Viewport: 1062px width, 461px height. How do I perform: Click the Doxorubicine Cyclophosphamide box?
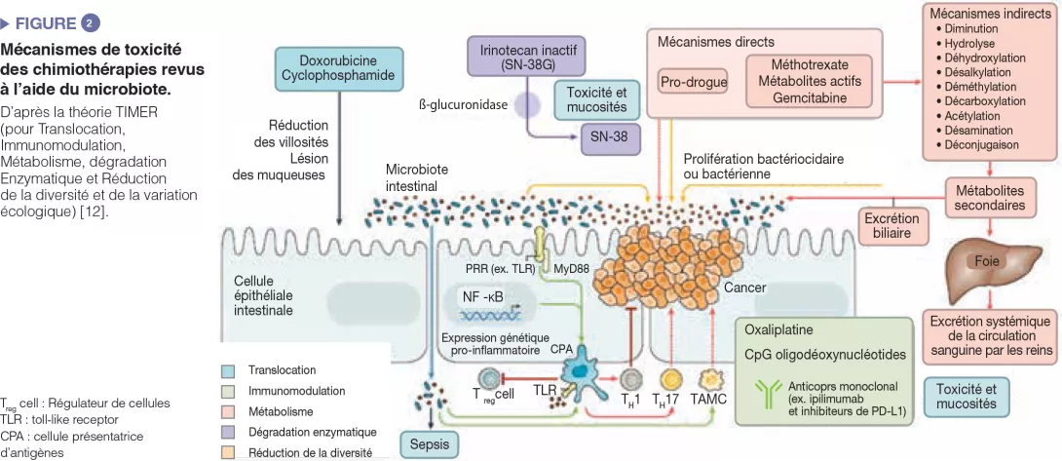pos(337,67)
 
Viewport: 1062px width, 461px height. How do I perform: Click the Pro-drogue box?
pos(694,83)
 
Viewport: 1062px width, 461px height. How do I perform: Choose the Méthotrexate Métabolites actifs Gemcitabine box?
pos(809,82)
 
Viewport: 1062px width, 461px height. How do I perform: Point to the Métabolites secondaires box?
pos(989,198)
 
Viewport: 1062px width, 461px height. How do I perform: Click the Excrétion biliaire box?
pos(893,227)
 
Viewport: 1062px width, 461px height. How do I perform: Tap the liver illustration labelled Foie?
pos(986,264)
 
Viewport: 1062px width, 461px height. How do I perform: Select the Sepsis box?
pos(429,443)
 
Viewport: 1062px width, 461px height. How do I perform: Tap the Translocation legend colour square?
pos(228,370)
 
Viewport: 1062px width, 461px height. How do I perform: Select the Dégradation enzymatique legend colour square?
pos(228,431)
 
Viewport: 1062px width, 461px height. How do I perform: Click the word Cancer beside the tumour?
pos(745,288)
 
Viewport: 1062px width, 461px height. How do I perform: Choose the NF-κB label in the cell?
pos(483,295)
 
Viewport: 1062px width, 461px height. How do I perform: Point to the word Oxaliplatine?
pos(778,329)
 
